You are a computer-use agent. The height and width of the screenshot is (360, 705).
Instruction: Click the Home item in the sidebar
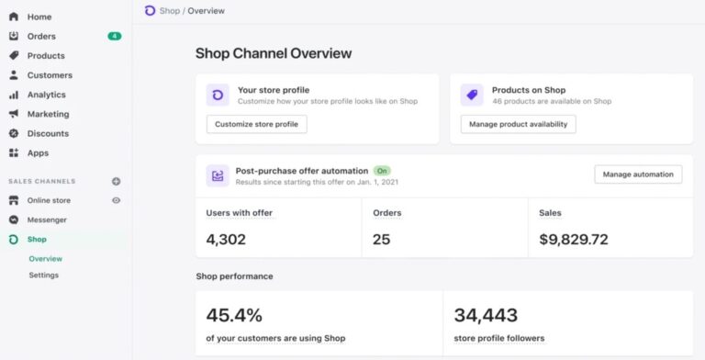pos(39,17)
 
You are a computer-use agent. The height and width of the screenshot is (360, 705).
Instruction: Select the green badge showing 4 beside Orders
pos(114,37)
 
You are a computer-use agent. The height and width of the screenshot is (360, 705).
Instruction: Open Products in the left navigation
pos(45,56)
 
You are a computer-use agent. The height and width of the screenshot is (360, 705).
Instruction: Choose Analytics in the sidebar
pos(46,95)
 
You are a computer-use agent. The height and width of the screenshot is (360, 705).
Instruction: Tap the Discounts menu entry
pos(47,133)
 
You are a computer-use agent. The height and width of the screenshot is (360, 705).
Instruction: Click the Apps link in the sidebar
pos(38,152)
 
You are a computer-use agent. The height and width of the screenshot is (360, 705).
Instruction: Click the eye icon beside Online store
pos(116,200)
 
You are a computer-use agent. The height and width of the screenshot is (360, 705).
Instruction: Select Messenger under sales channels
pos(47,219)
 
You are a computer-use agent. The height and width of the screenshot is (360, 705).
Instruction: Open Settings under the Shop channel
pos(43,275)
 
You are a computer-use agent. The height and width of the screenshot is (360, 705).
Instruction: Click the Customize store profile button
pos(256,124)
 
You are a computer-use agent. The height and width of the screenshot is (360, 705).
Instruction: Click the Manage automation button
pos(638,174)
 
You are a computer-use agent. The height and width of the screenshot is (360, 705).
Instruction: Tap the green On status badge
pos(382,171)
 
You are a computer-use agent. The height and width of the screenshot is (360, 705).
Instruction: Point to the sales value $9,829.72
pos(574,240)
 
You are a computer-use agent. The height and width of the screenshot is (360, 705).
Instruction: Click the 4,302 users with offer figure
pos(227,240)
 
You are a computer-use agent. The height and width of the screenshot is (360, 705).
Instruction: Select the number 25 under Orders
pos(382,240)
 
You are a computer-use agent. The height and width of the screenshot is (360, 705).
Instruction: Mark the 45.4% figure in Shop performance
pos(234,315)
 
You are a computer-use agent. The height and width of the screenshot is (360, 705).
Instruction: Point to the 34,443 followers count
pos(487,315)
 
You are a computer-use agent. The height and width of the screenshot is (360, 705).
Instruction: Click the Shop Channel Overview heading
pos(274,53)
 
